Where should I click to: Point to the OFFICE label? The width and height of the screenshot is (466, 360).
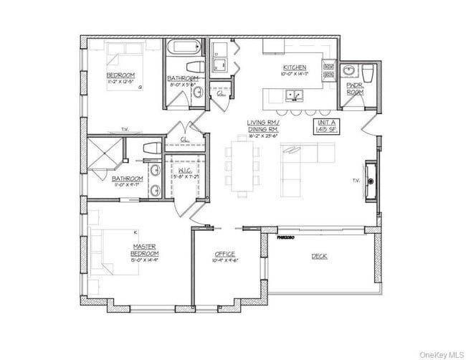click(225, 256)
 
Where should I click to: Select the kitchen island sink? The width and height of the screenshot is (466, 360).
click(294, 95)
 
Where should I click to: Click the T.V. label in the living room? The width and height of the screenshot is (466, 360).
click(356, 181)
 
